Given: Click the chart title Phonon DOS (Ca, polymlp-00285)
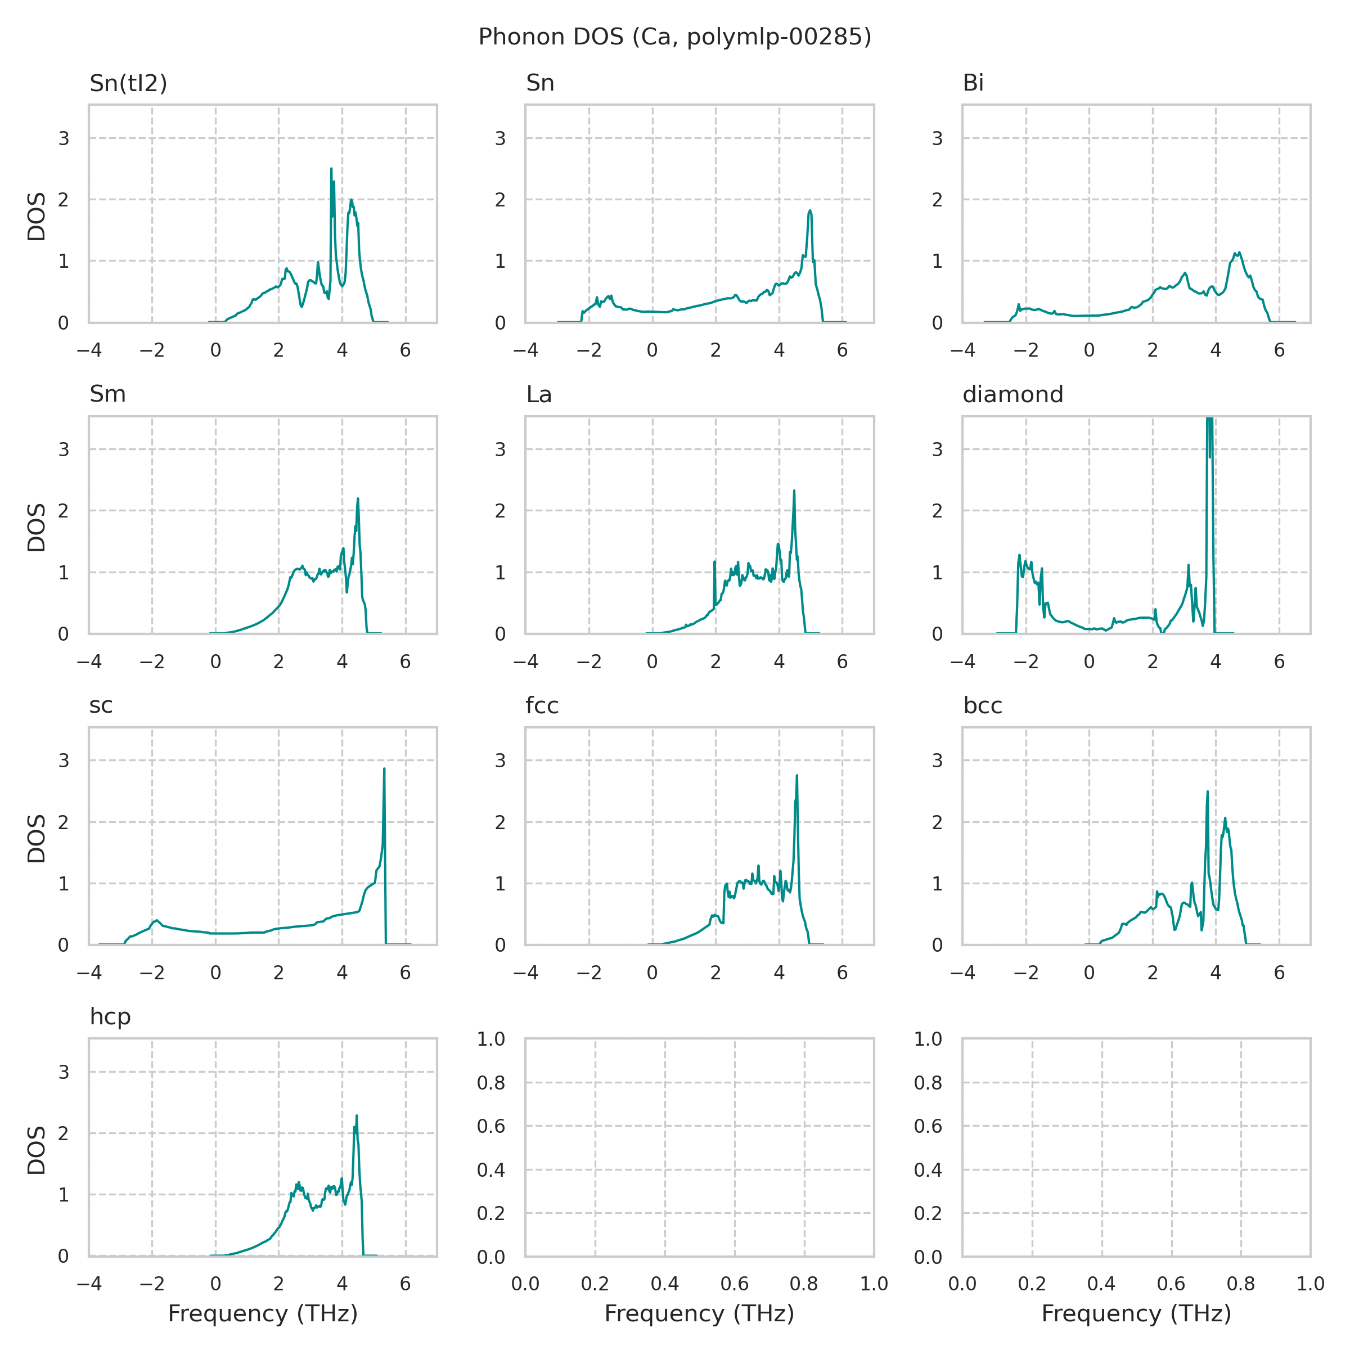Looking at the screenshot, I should [x=674, y=37].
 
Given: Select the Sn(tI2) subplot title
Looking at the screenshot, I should [x=129, y=83].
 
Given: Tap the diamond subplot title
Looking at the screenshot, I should [x=1012, y=395].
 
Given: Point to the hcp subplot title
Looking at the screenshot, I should [x=110, y=1016].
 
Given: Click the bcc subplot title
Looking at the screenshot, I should [x=983, y=706].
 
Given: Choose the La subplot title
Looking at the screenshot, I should [x=539, y=395].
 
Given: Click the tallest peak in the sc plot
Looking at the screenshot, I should [x=384, y=769].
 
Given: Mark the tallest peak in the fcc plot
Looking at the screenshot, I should [x=796, y=776].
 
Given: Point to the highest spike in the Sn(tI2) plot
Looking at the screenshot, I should [x=331, y=169].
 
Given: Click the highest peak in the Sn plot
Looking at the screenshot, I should [x=810, y=210].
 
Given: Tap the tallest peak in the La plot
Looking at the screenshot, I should [x=794, y=491].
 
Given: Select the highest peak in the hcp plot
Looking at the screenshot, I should [x=357, y=1116].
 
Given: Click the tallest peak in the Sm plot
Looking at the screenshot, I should [x=358, y=499].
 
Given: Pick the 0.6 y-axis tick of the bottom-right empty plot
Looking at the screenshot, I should [x=928, y=1126].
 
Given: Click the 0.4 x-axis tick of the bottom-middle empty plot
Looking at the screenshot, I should [x=664, y=1284].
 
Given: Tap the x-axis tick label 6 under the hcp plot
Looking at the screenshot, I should [x=405, y=1284].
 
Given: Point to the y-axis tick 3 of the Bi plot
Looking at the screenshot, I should [x=938, y=138].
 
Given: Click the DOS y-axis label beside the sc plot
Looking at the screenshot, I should [x=37, y=838].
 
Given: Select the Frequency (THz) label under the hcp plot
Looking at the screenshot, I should [x=263, y=1313].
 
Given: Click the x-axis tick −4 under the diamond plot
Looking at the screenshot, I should [x=962, y=661].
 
